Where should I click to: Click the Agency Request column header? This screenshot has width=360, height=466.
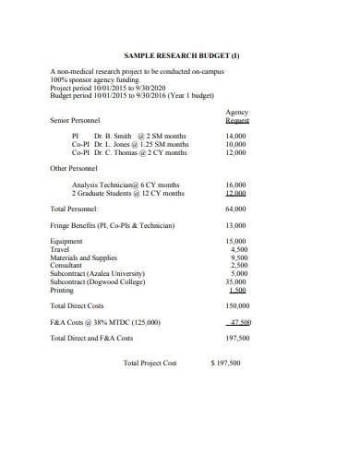(x=237, y=116)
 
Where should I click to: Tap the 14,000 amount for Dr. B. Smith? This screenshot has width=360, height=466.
(x=235, y=137)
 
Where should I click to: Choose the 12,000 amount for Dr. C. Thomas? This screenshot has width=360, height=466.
(x=235, y=153)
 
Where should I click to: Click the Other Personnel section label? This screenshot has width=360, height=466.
(x=73, y=169)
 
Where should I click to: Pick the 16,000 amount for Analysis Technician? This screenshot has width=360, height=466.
(x=235, y=185)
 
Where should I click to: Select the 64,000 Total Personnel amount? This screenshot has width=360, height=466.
(x=235, y=209)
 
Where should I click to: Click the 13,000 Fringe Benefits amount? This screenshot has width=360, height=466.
(x=235, y=226)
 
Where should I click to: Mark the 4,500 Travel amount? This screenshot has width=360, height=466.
(x=238, y=250)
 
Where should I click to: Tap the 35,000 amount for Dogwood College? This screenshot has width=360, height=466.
(x=235, y=282)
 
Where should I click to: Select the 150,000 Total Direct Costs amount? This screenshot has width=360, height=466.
(x=237, y=305)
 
